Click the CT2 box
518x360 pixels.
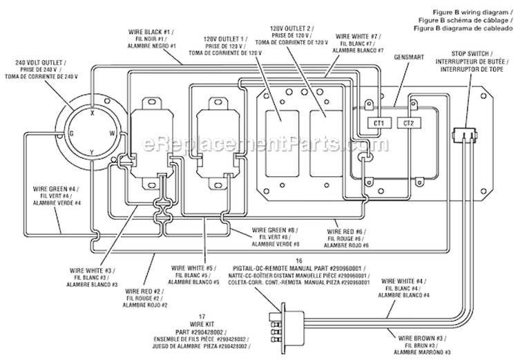click(x=408, y=124)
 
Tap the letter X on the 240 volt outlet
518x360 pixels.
click(x=93, y=110)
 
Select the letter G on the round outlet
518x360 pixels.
click(x=70, y=133)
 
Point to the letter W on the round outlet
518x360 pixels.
click(x=112, y=132)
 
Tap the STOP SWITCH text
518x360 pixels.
click(x=471, y=53)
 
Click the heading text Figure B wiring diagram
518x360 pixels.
click(x=472, y=12)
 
